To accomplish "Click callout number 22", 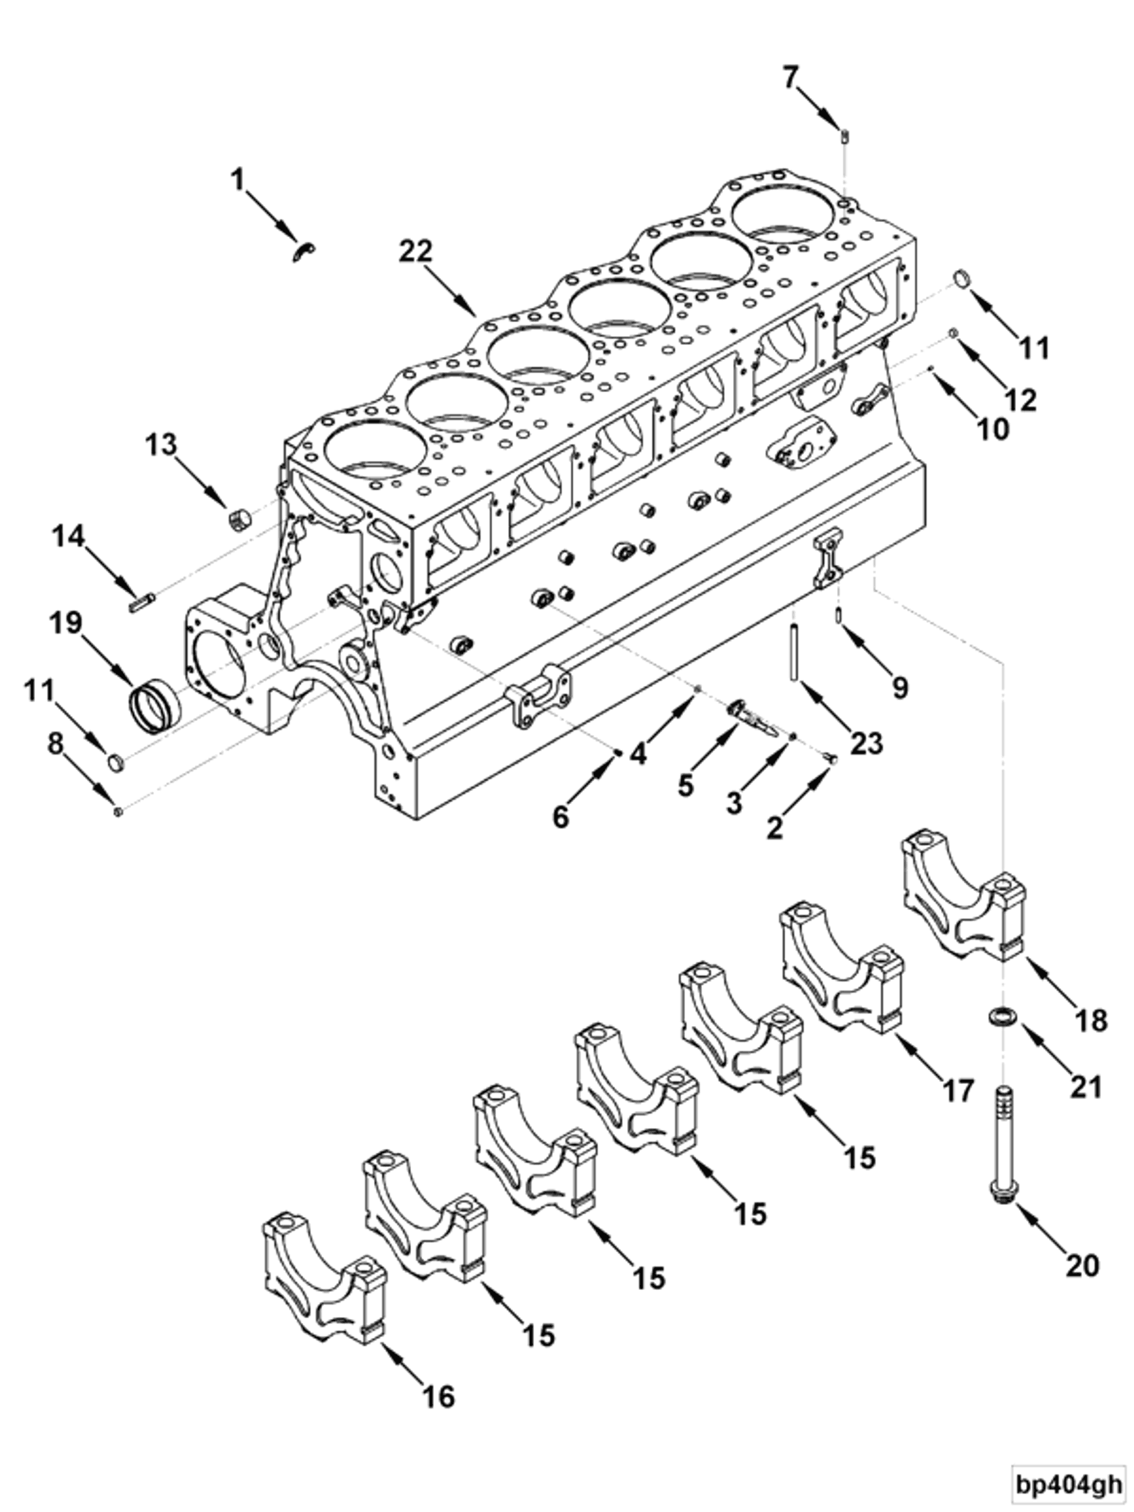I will click(x=416, y=252).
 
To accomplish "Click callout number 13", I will click(x=161, y=445).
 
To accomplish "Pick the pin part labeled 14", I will click(x=142, y=602).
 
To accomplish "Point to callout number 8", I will click(x=55, y=744).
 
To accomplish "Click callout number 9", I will click(x=900, y=687).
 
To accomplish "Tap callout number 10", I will click(x=992, y=429).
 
